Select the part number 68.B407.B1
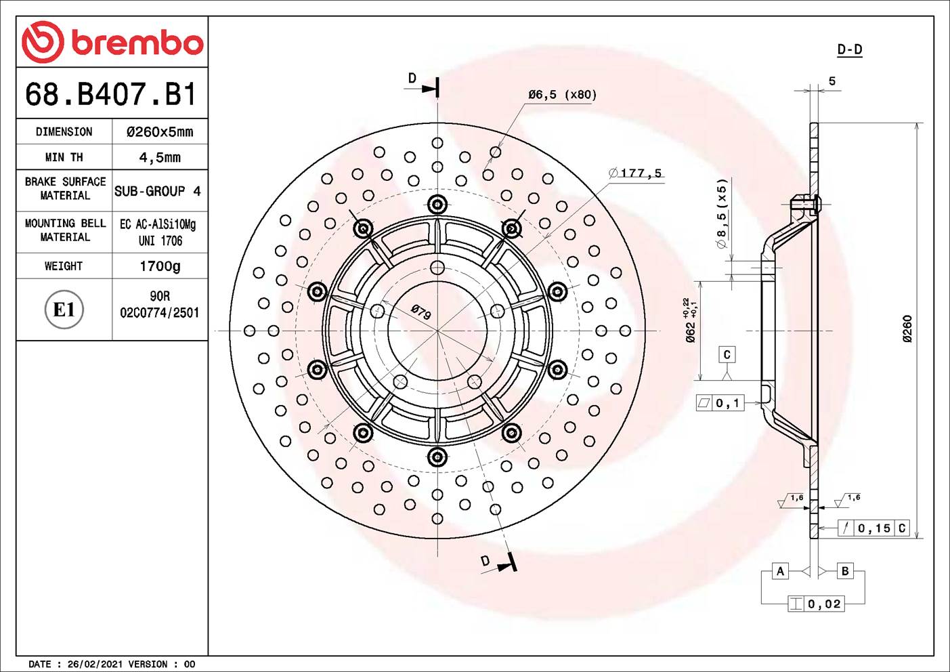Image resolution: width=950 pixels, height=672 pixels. pos(111,95)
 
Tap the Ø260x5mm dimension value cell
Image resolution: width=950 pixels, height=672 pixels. pos(160,132)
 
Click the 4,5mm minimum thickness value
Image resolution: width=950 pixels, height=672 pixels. pos(160,158)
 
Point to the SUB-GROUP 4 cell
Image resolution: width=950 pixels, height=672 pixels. pos(158,191)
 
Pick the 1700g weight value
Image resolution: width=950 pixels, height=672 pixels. pos(160,266)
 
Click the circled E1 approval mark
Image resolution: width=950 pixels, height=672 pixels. pos(64,310)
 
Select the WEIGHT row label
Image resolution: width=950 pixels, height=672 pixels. pos(64,266)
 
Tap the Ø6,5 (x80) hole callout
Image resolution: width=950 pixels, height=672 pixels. pos(562,95)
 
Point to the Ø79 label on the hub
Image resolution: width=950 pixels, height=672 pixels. pos(420,312)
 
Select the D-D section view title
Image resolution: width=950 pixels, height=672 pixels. pos(849,49)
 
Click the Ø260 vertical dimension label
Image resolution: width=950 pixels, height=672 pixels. pos(907,329)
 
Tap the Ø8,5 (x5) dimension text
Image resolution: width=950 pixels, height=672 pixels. pos(722,213)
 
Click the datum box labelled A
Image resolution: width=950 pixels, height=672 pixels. pos(780,571)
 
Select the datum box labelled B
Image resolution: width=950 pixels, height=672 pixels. pos(845,571)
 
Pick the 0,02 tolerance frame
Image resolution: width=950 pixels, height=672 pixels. pos(816,604)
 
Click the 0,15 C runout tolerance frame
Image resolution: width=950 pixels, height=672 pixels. pos(873,528)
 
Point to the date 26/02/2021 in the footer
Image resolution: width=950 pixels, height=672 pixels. pos(95,664)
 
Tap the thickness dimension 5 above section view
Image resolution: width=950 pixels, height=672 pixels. pos(832,81)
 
